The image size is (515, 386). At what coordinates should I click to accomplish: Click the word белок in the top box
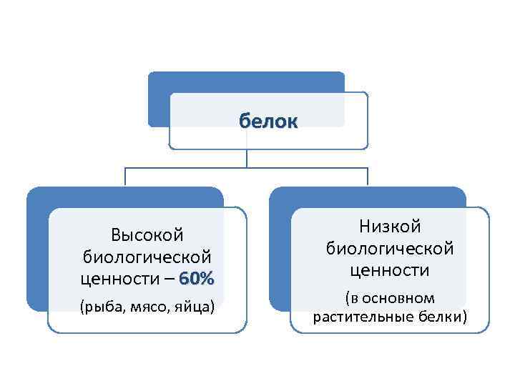pyautogui.click(x=268, y=122)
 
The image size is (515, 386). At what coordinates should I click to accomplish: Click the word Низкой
pyautogui.click(x=390, y=227)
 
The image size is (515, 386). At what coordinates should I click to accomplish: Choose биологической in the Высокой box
pyautogui.click(x=147, y=257)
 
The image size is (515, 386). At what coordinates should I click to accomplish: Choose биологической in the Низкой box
pyautogui.click(x=390, y=249)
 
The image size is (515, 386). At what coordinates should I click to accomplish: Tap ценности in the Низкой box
pyautogui.click(x=390, y=271)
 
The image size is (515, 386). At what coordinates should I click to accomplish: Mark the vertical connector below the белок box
pyautogui.click(x=247, y=159)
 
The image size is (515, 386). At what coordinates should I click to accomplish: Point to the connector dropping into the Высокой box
pyautogui.click(x=125, y=177)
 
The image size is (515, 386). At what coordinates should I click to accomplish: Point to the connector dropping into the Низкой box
pyautogui.click(x=368, y=177)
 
